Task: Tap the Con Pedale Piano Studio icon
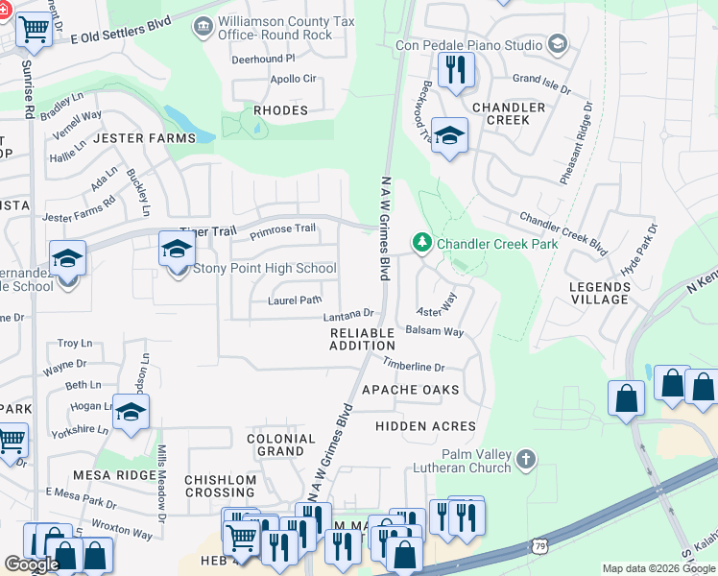tap(557, 43)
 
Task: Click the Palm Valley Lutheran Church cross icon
tap(524, 460)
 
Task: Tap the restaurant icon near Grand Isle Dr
tap(455, 70)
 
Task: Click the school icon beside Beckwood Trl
tap(448, 135)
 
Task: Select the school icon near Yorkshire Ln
tap(131, 412)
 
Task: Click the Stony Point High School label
tap(265, 268)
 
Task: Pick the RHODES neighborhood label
tap(280, 110)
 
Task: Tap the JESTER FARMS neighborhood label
tap(144, 138)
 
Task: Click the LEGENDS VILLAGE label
tap(599, 293)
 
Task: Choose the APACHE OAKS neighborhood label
tap(410, 390)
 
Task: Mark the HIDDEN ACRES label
tap(425, 425)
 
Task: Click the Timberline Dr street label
tap(414, 366)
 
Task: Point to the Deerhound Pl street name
tap(263, 59)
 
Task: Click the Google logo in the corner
tap(32, 564)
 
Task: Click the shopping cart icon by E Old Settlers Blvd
tap(35, 29)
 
